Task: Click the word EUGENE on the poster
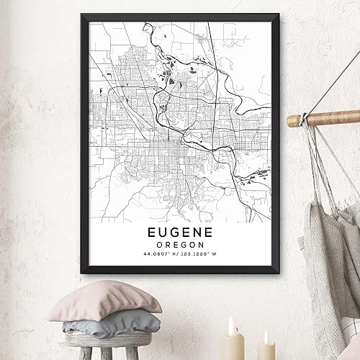[179, 234]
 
